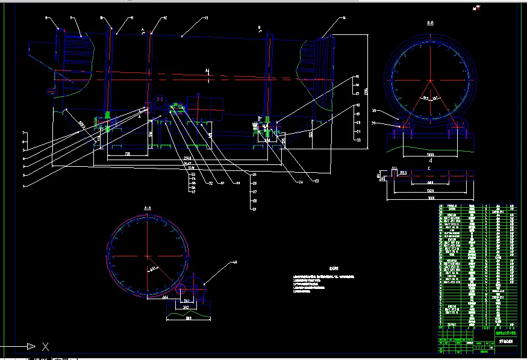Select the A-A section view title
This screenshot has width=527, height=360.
148,207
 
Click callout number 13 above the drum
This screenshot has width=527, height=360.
207,19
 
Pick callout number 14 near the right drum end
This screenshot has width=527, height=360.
343,19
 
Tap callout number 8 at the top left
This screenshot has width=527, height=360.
47,19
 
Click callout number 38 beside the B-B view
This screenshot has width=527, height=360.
374,111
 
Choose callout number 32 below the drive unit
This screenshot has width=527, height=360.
210,182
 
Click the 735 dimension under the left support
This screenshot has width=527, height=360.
127,154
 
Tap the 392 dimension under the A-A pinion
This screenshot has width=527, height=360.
186,306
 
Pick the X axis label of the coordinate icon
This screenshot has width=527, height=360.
45,346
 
